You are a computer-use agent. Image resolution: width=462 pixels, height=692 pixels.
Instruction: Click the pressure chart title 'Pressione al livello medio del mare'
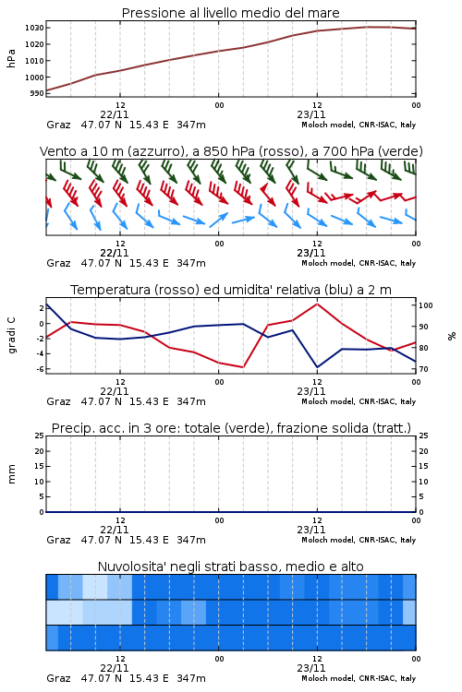(x=230, y=13)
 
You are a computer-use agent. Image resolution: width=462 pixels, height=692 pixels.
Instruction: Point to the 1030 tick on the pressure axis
(x=34, y=28)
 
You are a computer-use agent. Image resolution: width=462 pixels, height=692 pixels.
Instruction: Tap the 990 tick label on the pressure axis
(x=37, y=93)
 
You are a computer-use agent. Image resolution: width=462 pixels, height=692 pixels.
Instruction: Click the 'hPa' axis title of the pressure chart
(x=11, y=58)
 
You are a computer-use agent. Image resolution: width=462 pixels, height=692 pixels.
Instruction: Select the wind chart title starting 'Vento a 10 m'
(x=231, y=151)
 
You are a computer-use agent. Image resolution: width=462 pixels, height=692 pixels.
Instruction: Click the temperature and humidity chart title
(x=231, y=290)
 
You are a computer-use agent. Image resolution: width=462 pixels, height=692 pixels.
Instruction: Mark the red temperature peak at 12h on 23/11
(x=317, y=304)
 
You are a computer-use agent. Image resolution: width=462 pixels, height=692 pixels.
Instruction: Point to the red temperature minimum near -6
(x=243, y=367)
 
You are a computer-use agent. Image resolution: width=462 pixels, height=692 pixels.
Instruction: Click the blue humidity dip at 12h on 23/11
(x=317, y=367)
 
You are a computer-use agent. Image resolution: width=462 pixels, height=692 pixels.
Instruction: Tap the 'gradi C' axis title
(x=11, y=335)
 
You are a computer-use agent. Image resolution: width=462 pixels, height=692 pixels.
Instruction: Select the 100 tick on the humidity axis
(x=426, y=305)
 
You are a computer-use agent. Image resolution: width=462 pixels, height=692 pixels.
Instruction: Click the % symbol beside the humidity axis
(x=452, y=336)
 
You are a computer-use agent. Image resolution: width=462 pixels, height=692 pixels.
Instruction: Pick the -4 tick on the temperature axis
(x=40, y=354)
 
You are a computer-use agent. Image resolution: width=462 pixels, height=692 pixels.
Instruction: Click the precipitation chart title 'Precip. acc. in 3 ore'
(x=231, y=428)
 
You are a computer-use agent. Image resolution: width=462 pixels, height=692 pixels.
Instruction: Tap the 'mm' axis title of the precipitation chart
(x=11, y=474)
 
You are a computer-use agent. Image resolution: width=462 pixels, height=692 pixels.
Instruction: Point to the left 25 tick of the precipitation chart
(x=40, y=435)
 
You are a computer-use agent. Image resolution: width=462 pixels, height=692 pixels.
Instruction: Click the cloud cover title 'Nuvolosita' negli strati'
(x=230, y=567)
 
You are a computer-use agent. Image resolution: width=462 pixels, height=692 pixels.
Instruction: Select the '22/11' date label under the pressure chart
(x=115, y=114)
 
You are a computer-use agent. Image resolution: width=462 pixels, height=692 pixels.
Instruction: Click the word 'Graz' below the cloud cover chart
(x=58, y=678)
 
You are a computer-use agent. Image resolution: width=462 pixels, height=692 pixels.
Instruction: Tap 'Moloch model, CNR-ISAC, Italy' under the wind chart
(x=359, y=263)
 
